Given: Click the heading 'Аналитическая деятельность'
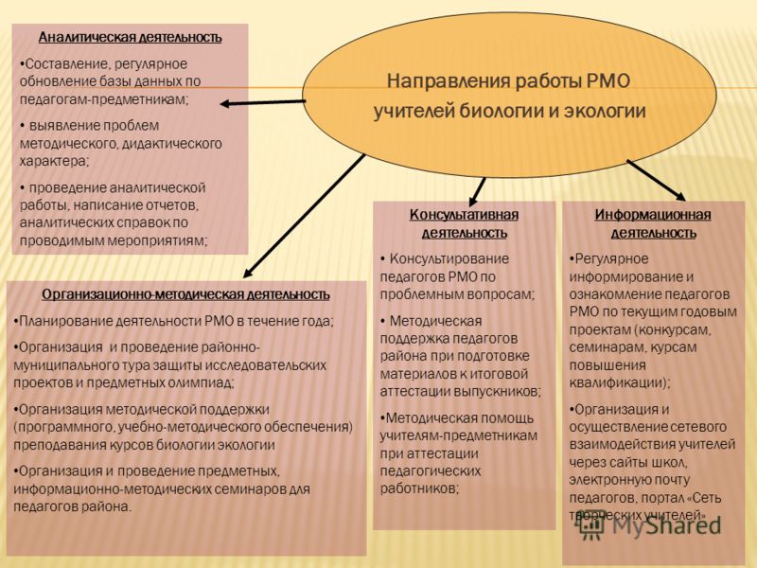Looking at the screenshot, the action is (x=130, y=37).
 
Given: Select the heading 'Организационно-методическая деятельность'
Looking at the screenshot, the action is (x=185, y=294).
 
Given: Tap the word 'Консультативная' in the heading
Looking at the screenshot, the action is (x=464, y=215).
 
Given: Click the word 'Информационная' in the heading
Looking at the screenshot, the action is (x=653, y=215).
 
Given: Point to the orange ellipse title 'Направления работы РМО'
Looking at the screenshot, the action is (x=509, y=81).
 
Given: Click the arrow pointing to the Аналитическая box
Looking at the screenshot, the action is (x=263, y=102).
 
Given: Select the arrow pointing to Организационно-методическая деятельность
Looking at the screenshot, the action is (x=304, y=216).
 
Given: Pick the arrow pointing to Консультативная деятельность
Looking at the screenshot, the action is (x=478, y=192).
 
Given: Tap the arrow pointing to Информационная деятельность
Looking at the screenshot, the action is (x=656, y=180).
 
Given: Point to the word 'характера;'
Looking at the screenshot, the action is (x=55, y=161).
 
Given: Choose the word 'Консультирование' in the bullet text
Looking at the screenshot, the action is (x=449, y=258).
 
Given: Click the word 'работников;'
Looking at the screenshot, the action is (x=419, y=488).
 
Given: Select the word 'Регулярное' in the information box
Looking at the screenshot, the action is (x=609, y=258).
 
